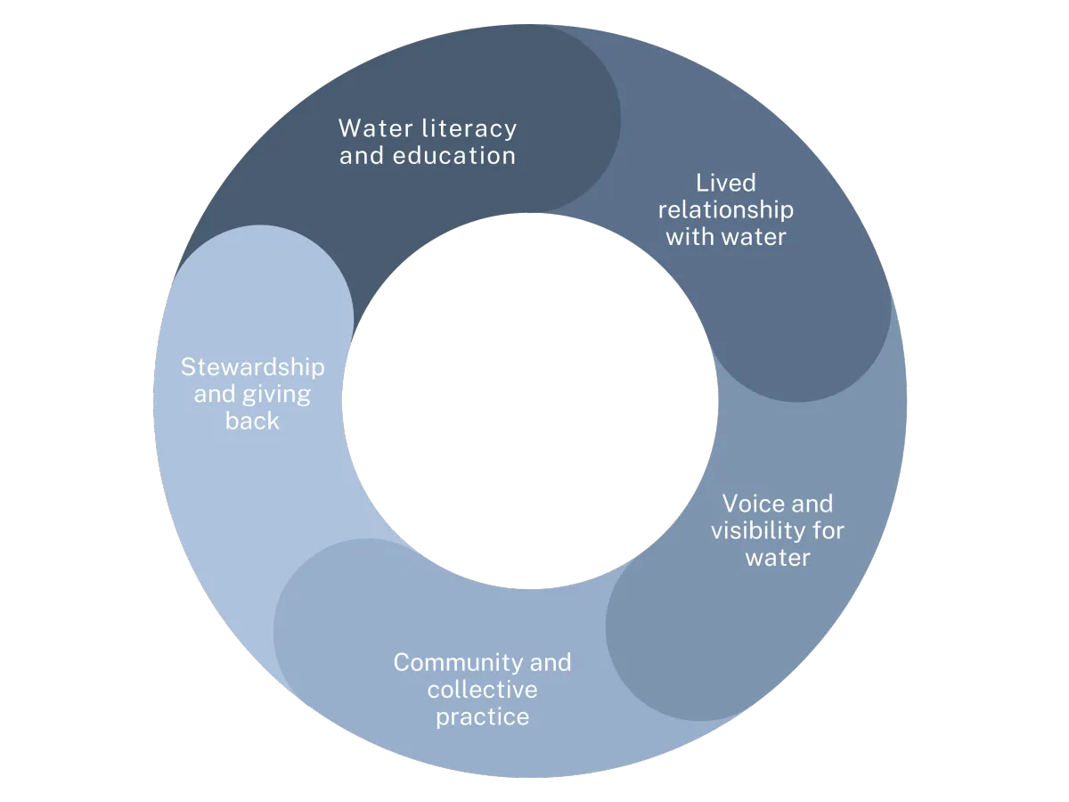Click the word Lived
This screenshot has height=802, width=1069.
point(726,183)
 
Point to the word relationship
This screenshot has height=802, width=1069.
point(726,210)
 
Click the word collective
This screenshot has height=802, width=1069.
point(482,690)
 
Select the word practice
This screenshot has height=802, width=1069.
point(482,717)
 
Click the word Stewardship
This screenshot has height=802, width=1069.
point(252,367)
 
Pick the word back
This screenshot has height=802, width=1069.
point(252,421)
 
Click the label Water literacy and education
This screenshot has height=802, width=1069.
point(428,142)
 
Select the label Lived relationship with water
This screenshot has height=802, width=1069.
point(726,210)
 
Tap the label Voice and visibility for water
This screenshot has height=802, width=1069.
point(777,531)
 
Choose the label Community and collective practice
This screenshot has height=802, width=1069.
point(482,690)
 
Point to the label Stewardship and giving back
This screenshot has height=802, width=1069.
point(252,394)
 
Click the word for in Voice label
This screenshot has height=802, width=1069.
point(827,531)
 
